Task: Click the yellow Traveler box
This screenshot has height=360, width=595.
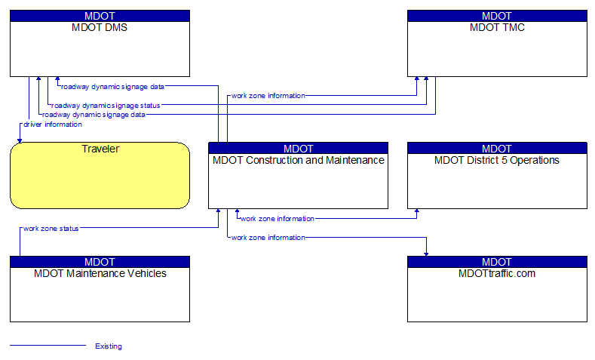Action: coord(100,175)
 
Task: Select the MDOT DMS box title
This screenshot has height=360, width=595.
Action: coord(100,28)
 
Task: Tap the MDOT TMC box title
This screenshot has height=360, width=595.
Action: coord(497,28)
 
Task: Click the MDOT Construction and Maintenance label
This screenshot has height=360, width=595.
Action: coord(298,160)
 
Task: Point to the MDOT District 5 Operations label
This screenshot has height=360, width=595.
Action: coord(497,160)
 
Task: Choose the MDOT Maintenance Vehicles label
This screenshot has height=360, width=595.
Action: coord(100,273)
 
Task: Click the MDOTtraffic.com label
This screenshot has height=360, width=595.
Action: coord(497,273)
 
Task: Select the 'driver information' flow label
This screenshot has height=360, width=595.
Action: coord(53,125)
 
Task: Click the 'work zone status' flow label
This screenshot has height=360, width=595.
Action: coord(51,228)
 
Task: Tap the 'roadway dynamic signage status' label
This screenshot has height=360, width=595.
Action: coord(106,106)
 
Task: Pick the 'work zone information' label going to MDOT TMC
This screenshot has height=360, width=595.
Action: coord(268,96)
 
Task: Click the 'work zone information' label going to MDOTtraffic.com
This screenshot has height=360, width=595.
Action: coord(268,238)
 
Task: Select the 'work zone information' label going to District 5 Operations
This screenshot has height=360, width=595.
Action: coord(277,219)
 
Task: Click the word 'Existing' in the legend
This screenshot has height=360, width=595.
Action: coord(109,346)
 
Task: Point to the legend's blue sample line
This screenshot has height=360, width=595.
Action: coord(48,346)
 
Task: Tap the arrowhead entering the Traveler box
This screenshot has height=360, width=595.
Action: coord(20,139)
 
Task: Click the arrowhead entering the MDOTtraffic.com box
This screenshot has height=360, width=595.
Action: coord(426,253)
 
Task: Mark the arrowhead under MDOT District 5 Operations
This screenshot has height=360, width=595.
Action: coord(417,212)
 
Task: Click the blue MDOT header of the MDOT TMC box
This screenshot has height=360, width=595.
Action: coord(497,16)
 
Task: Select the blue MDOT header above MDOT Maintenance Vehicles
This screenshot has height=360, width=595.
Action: coord(100,262)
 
